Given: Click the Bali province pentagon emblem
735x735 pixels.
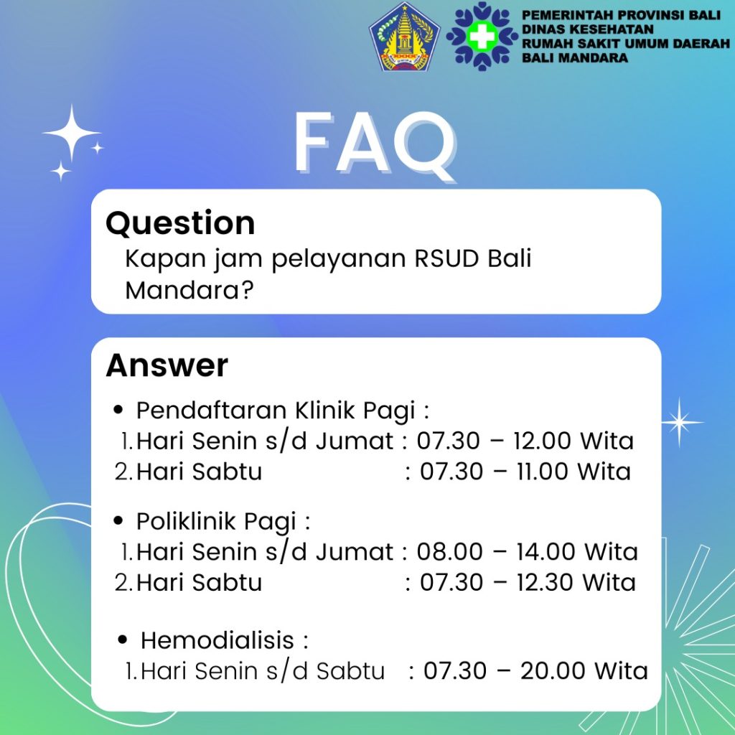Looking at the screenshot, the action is [x=405, y=37].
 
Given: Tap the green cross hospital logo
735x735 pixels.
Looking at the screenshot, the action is [x=482, y=37].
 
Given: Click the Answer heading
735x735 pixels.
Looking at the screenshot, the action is [x=167, y=365].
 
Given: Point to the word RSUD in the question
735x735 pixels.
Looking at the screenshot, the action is [x=447, y=258].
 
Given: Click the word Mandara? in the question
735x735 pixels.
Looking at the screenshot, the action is [x=189, y=290].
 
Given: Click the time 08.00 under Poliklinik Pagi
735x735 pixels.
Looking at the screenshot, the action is [x=449, y=551].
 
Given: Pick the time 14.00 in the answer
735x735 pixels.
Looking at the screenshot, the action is [x=546, y=551].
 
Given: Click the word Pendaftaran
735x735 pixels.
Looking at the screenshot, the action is [x=212, y=410].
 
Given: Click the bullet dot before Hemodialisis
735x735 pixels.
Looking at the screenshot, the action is [x=122, y=640].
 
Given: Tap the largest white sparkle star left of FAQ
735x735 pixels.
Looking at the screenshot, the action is [x=71, y=134].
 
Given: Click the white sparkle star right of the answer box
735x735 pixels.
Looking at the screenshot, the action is [x=679, y=422].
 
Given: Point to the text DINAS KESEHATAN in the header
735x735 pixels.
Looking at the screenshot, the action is [x=587, y=29].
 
